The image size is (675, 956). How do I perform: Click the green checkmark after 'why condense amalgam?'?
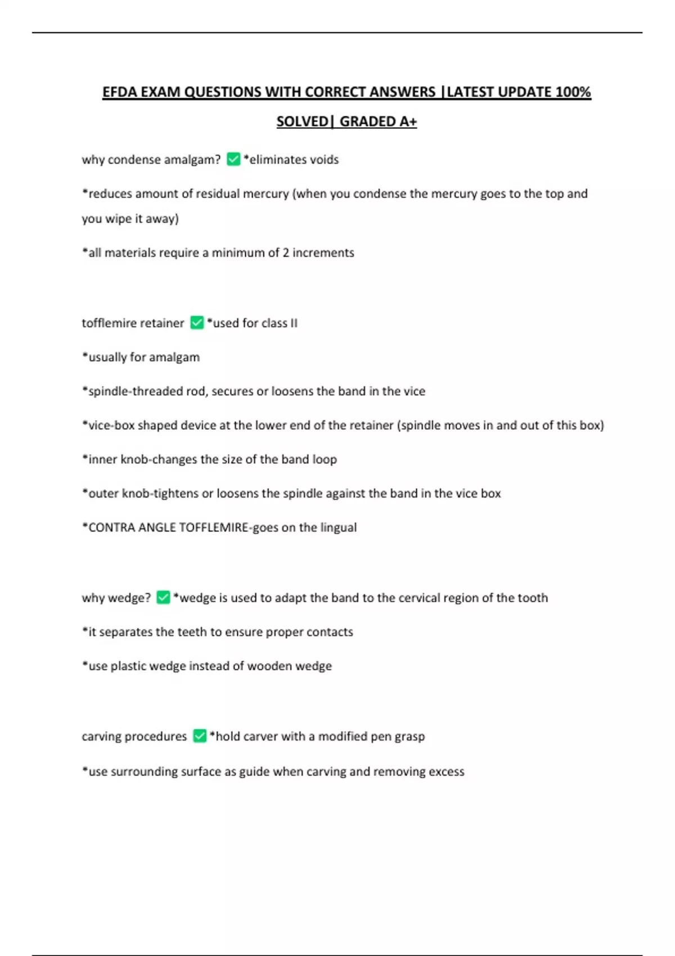pyautogui.click(x=233, y=159)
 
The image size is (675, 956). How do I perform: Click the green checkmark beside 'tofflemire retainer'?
pyautogui.click(x=197, y=323)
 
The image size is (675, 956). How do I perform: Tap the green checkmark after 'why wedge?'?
pyautogui.click(x=163, y=597)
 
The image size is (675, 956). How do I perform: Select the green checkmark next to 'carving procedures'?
pyautogui.click(x=200, y=736)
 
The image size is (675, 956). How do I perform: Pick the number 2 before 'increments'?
pyautogui.click(x=286, y=253)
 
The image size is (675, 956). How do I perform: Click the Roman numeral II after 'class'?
pyautogui.click(x=294, y=323)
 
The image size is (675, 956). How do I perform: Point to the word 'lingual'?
pyautogui.click(x=339, y=527)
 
